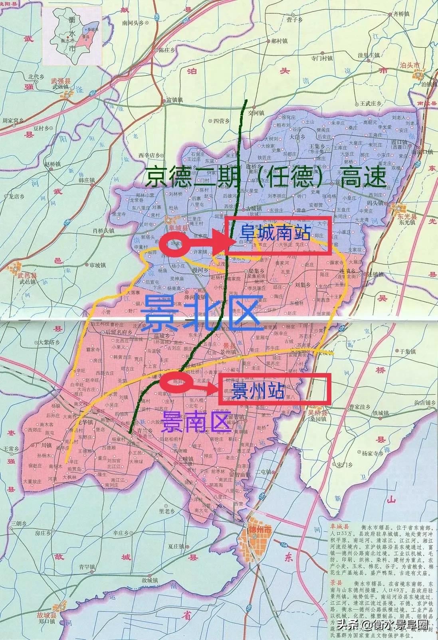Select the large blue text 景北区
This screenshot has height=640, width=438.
tap(204, 313)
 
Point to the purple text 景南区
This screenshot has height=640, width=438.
tap(196, 422)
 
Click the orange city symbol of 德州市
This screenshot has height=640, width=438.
tap(256, 535)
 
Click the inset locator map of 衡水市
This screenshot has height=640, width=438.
tap(73, 36)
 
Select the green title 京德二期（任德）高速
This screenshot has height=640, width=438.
tap(266, 177)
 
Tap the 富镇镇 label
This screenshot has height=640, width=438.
tap(174, 100)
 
